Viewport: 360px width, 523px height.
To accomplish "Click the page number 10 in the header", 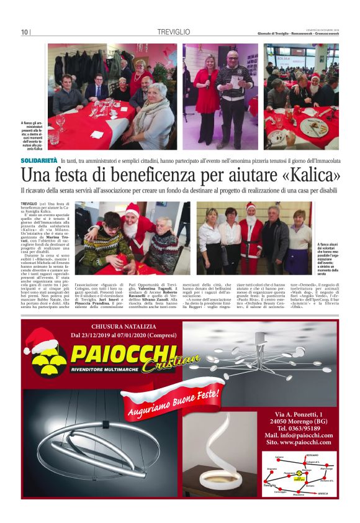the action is (24, 32).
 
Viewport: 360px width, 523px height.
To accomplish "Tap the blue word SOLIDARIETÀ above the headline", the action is (39, 161).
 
